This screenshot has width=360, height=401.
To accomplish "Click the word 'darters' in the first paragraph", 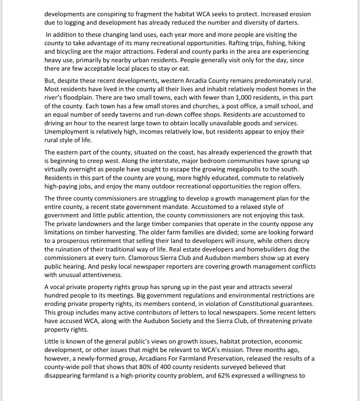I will coord(287,23).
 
